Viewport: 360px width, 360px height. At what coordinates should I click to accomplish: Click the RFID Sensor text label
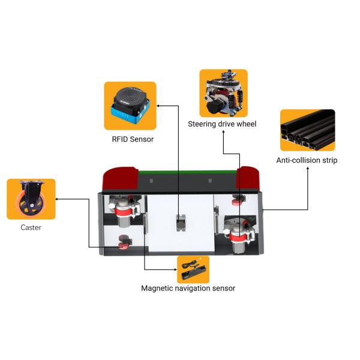133,140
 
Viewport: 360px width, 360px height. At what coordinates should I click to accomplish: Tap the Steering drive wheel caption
222,124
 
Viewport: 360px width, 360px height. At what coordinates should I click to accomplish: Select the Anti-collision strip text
307,160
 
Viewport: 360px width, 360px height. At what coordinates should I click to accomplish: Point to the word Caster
31,227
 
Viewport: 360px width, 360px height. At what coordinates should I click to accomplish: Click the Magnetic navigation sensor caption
188,289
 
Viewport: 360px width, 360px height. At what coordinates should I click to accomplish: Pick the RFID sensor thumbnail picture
130,106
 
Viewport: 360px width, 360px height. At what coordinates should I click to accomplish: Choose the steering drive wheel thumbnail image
223,93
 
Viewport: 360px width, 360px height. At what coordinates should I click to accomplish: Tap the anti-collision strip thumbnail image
307,130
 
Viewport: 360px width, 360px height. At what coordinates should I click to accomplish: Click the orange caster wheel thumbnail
31,199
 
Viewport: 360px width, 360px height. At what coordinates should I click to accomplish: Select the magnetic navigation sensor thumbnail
193,269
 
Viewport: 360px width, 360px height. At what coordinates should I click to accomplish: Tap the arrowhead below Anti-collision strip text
308,169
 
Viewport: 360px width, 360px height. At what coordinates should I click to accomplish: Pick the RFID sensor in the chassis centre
179,223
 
